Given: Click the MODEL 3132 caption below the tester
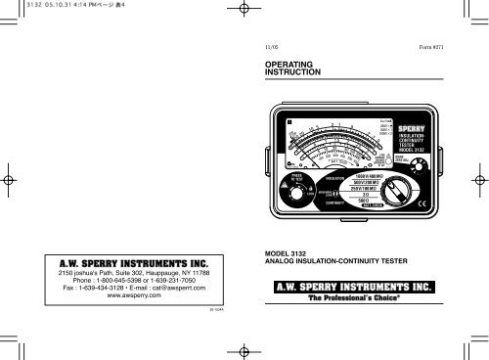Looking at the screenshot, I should click(x=280, y=252).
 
